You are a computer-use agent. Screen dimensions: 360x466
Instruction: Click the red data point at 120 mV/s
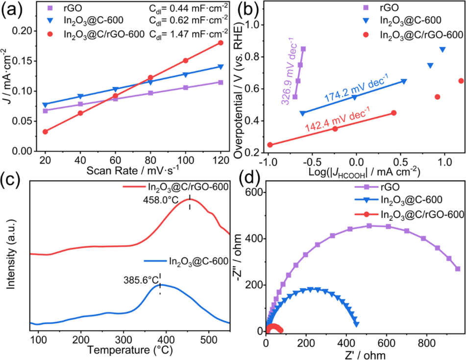(221, 43)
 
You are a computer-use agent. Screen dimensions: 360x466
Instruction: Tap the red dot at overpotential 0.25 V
(270, 145)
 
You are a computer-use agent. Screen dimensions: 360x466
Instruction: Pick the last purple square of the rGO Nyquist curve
(458, 269)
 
